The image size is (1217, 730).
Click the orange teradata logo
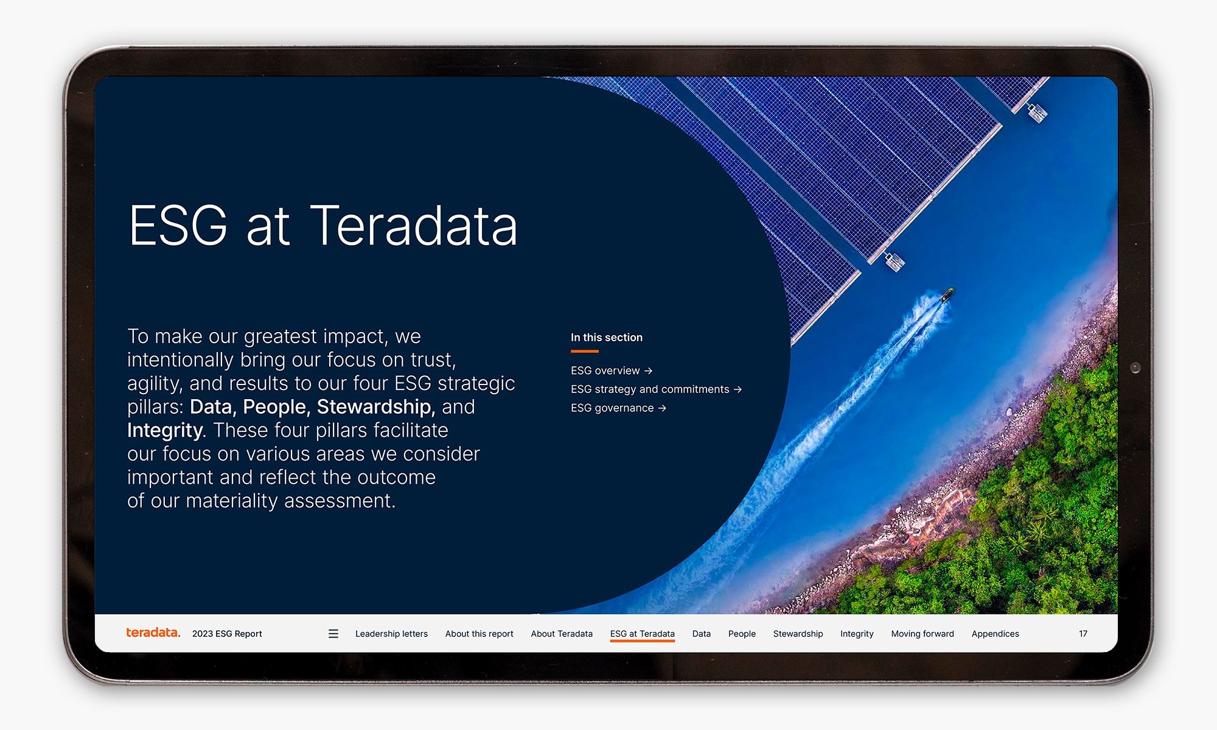(x=153, y=633)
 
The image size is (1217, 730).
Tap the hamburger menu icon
(x=333, y=634)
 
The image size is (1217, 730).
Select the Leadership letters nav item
(x=391, y=634)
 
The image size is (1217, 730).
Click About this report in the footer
(x=479, y=634)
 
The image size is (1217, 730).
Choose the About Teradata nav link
(x=561, y=634)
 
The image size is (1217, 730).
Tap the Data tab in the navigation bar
(x=701, y=634)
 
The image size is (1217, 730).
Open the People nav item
(x=742, y=634)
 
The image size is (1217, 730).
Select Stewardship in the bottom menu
(x=798, y=634)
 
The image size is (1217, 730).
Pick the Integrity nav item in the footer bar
(x=857, y=634)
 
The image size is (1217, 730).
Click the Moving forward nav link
(x=922, y=634)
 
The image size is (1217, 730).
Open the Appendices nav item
(x=995, y=634)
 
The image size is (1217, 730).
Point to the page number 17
(x=1083, y=634)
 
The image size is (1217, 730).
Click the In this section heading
(x=606, y=338)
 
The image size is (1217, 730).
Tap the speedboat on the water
(x=947, y=296)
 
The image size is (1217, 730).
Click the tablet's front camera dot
(x=1135, y=367)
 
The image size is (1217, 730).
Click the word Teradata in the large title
(x=414, y=226)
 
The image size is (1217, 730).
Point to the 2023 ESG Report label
(x=227, y=634)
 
